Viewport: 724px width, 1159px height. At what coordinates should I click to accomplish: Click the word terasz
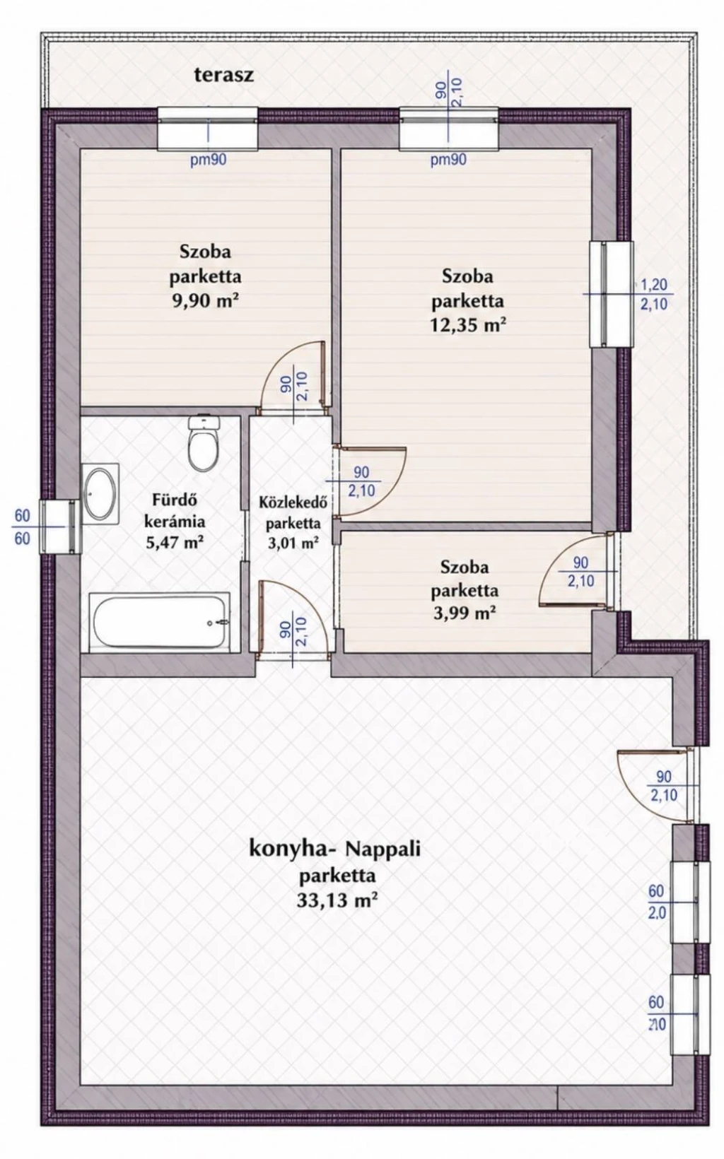(224, 76)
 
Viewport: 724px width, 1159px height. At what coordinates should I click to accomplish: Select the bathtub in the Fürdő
(160, 622)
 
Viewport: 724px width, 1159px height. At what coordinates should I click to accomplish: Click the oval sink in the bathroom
(100, 493)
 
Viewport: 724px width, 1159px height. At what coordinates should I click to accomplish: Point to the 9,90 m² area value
(206, 301)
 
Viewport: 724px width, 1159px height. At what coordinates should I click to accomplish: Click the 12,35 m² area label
(468, 326)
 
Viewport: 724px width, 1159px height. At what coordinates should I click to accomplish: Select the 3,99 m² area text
(465, 613)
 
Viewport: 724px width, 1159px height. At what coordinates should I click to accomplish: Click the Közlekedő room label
(293, 502)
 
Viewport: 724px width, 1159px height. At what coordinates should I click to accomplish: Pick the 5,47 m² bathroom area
(175, 543)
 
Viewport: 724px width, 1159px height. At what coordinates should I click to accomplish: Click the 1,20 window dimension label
(654, 285)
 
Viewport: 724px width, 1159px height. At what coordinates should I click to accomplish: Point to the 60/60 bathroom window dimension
(22, 526)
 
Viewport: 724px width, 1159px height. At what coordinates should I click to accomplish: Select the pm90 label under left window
(208, 160)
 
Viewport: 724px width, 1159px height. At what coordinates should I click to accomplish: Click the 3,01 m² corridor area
(293, 543)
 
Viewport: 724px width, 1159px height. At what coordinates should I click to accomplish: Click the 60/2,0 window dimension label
(657, 902)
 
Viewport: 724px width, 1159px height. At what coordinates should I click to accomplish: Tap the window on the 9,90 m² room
(208, 129)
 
